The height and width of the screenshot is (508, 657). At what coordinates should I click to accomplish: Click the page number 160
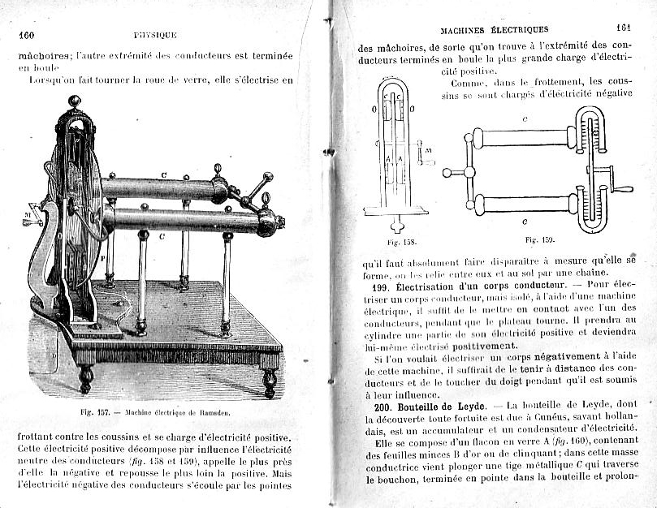tap(26, 35)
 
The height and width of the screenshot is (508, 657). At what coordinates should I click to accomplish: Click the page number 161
tap(625, 28)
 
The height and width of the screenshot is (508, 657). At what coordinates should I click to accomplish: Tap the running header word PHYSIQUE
tap(155, 35)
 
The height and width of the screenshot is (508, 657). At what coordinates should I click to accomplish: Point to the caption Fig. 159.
tap(539, 239)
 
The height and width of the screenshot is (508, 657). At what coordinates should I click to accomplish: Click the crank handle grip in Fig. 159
tap(623, 189)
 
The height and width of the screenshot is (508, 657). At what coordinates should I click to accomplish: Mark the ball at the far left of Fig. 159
tap(447, 173)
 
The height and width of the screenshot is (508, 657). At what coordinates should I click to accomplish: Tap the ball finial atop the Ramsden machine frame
tap(74, 101)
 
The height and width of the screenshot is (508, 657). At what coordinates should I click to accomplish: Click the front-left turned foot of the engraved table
tap(85, 380)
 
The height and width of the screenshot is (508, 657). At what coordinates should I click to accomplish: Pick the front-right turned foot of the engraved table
tap(270, 383)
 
